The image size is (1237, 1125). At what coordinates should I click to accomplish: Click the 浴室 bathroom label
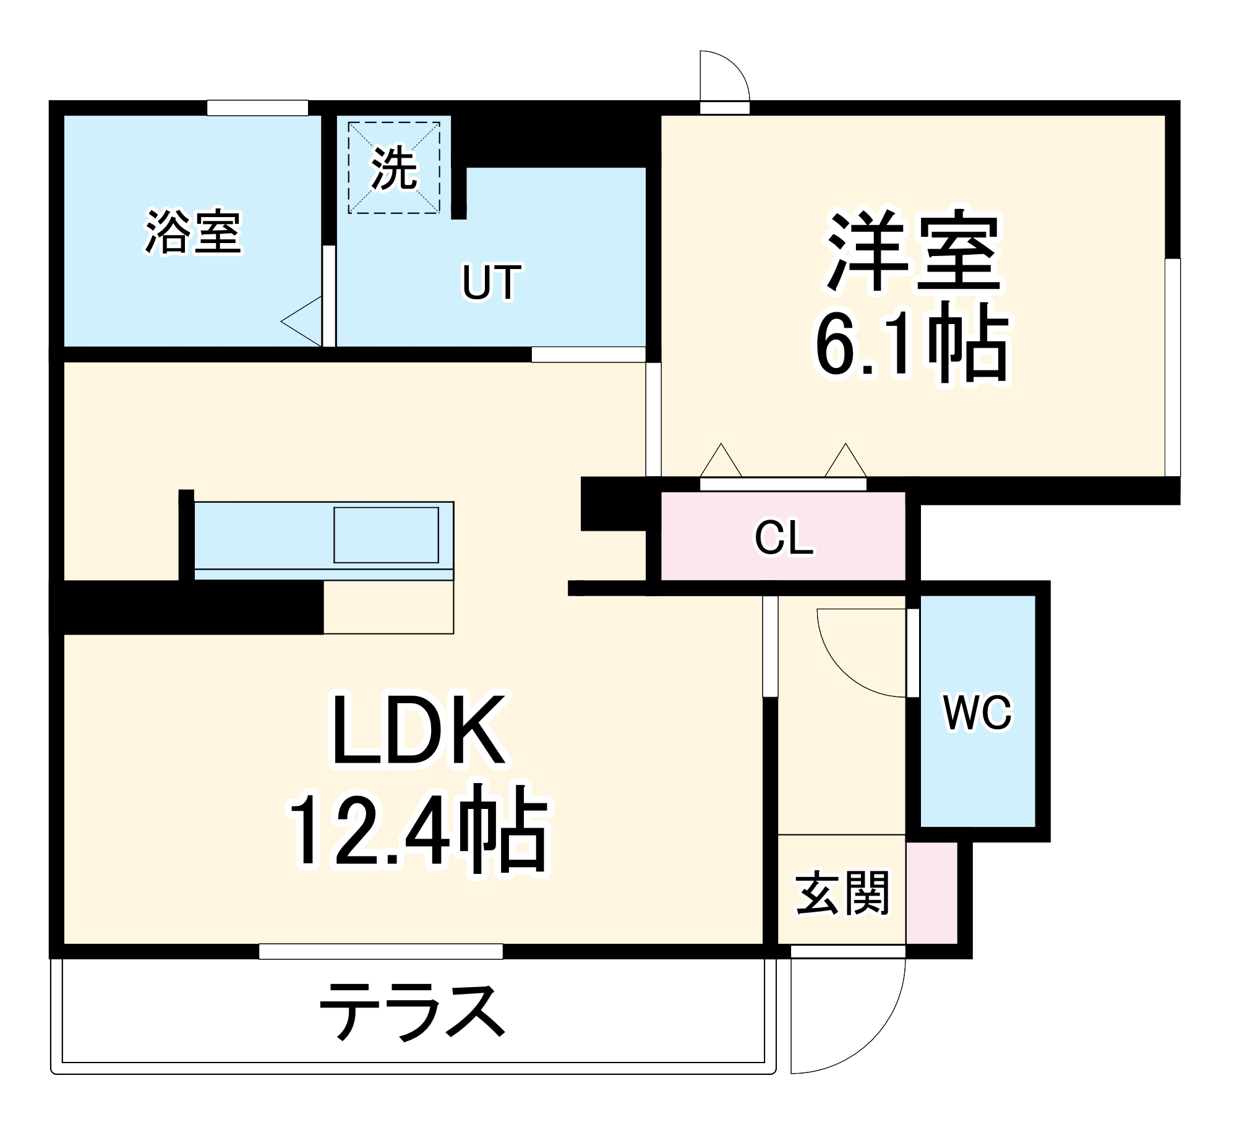(x=193, y=233)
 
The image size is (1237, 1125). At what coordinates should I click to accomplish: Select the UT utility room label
(x=492, y=283)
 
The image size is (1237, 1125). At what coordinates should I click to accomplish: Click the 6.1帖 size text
(x=912, y=344)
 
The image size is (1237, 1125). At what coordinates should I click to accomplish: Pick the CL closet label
(x=784, y=537)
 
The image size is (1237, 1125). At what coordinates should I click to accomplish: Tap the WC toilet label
(x=978, y=713)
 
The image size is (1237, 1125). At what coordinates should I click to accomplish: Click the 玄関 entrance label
(x=842, y=893)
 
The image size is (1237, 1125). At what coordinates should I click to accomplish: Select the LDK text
(x=419, y=730)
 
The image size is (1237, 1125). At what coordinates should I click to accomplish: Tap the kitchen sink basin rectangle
(x=386, y=535)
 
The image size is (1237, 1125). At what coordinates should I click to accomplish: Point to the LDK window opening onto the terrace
(x=380, y=951)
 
